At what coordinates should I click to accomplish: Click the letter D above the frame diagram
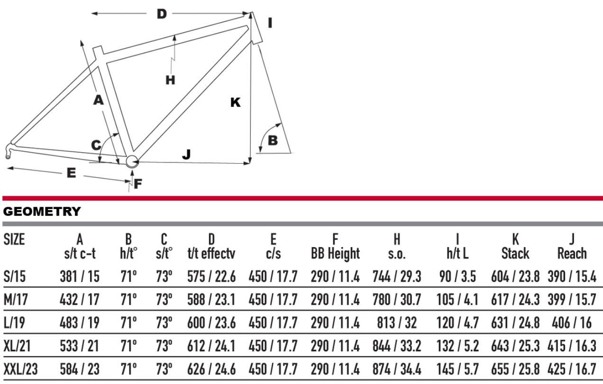coord(162,14)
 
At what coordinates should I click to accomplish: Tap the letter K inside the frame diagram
coord(236,102)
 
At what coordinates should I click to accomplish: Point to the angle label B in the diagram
coord(273,140)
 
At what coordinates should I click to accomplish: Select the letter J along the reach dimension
coord(187,154)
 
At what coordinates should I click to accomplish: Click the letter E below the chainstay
coord(71,173)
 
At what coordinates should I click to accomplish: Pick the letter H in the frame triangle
coord(170,80)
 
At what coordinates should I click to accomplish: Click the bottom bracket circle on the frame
coord(132,162)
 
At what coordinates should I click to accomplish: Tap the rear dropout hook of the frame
coord(9,151)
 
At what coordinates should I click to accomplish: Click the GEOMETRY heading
coord(42,211)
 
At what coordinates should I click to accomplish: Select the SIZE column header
coord(14,239)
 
